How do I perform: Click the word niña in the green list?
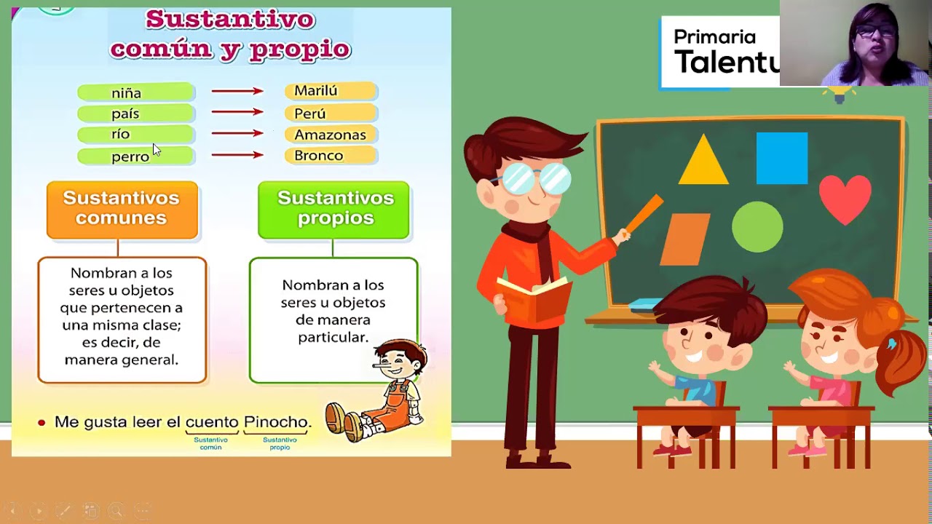pos(126,93)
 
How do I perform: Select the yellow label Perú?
pos(310,114)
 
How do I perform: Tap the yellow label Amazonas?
pos(330,135)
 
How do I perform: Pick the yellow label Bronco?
pos(318,156)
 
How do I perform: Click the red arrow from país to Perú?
pos(237,112)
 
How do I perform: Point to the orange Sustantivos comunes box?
pos(122,209)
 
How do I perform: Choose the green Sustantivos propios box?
pos(334,209)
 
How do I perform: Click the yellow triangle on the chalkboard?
pos(703,162)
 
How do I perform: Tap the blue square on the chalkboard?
pos(781,158)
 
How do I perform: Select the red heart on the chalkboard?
pos(845,197)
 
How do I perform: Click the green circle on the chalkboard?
pos(757,227)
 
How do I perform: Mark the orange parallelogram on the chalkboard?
pos(684,239)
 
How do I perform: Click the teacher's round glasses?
pos(537,178)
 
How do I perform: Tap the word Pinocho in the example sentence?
pos(277,422)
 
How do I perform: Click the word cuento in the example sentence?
pos(212,422)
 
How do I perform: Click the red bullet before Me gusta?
pos(42,423)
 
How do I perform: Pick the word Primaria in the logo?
pos(714,37)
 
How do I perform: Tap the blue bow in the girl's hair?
pos(893,344)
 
